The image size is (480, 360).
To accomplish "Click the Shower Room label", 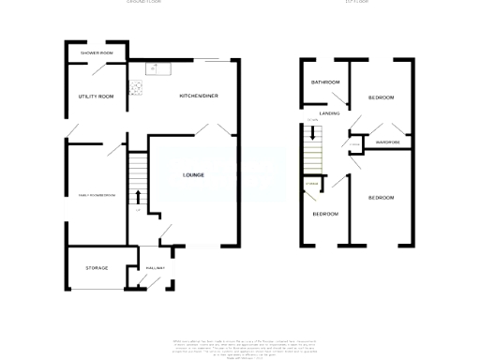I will pos(97,53).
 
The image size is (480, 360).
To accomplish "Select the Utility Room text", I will pos(96,96).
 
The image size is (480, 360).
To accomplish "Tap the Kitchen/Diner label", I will pos(199,96).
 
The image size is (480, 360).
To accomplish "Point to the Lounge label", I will pos(194,174).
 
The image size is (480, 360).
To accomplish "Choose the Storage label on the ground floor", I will pos(97,268).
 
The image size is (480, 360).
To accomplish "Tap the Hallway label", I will pos(155,268).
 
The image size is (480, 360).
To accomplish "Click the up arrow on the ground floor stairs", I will pos(139,196).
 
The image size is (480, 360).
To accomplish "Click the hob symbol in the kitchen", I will pos(137,88).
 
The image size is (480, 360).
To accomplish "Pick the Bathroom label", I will pos(325,83).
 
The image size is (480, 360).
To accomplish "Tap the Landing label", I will pos(329,113).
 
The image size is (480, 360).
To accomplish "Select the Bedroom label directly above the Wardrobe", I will pos(381,97).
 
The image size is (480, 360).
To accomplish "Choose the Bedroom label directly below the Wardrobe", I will pos(381,198).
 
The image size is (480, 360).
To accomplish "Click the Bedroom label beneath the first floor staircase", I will pos(324,214).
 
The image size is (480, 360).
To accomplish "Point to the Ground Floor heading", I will pos(144,3).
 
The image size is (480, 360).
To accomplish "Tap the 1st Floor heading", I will pos(357,3).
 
